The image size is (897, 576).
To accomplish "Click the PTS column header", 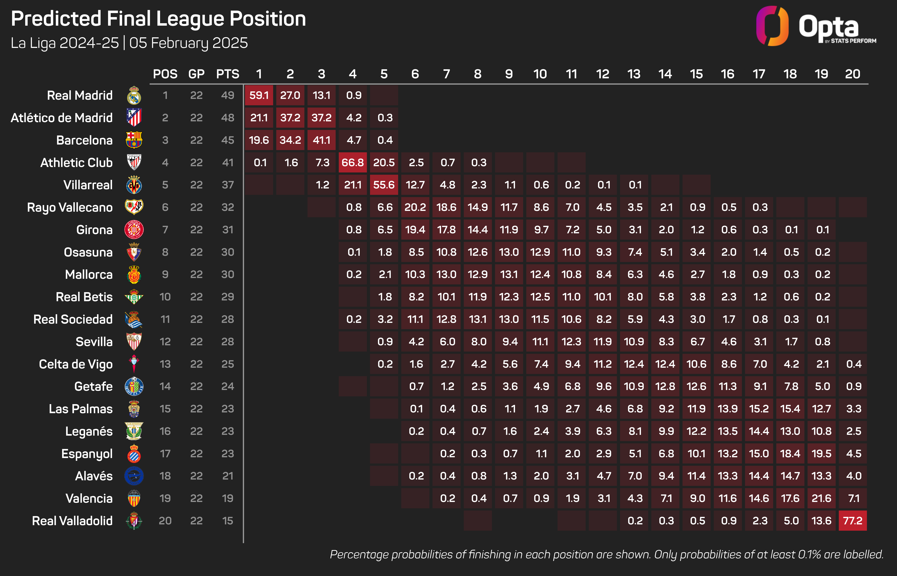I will tap(228, 74).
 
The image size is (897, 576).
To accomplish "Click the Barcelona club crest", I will tap(134, 140).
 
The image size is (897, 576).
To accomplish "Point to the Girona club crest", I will tap(134, 230).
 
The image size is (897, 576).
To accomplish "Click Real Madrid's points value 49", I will tap(228, 95).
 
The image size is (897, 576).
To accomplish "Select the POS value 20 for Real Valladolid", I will tap(165, 521).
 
